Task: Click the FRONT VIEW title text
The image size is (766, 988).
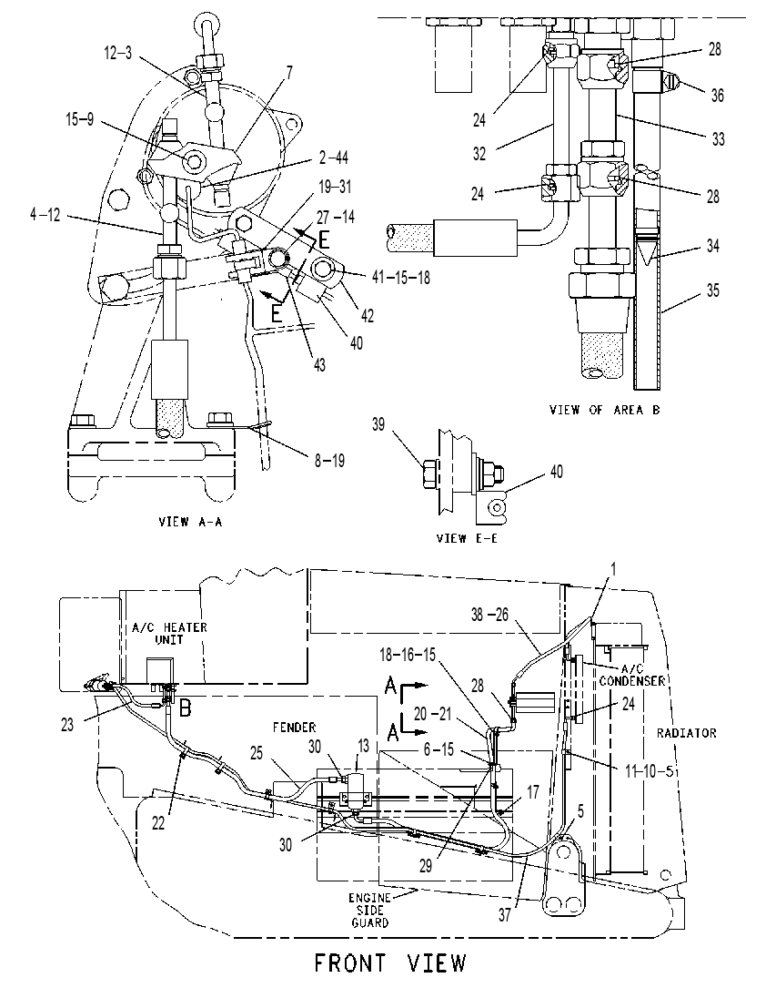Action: [390, 963]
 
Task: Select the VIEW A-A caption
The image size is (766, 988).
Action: [191, 522]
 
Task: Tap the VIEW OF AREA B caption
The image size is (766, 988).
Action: [605, 410]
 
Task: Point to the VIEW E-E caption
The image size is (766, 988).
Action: [467, 538]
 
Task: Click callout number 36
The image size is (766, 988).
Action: [717, 95]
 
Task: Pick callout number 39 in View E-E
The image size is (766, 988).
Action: [378, 424]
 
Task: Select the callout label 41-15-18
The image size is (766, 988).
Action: [401, 277]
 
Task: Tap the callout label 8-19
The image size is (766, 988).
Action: [330, 462]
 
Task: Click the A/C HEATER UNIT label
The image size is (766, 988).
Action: [169, 633]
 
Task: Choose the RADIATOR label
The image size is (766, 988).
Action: [686, 733]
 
